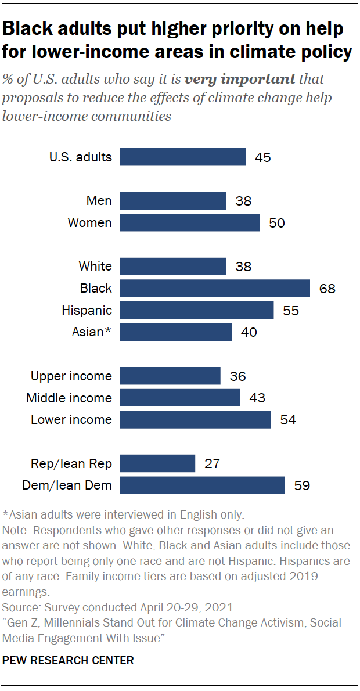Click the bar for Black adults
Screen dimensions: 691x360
(215, 288)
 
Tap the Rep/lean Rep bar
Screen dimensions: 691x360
(157, 463)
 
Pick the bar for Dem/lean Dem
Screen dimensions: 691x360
(202, 485)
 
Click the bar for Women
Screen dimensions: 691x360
(189, 223)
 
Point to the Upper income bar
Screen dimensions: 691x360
(170, 376)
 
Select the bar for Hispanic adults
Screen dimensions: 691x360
(196, 310)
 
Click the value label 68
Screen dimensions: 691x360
(327, 288)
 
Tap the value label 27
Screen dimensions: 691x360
(213, 463)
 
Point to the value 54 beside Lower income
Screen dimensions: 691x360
(288, 420)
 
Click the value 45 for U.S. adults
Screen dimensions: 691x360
(263, 157)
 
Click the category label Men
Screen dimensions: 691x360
(99, 201)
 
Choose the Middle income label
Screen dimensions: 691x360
(69, 398)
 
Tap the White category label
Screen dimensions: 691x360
(95, 266)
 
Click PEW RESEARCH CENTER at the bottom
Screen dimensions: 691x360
(68, 660)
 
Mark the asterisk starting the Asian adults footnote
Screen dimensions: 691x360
(5, 514)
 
